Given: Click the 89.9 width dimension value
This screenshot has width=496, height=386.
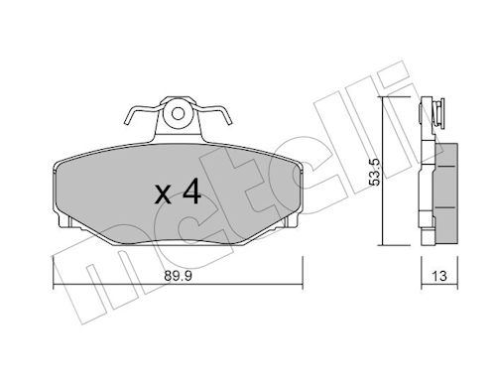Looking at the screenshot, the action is (x=178, y=276).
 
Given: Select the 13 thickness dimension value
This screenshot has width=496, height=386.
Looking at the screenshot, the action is (x=439, y=276).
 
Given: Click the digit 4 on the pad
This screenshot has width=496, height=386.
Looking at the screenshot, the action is (x=192, y=191).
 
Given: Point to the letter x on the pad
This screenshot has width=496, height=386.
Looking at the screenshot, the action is (x=163, y=194).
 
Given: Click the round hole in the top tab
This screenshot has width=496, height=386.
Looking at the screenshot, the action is (x=178, y=114).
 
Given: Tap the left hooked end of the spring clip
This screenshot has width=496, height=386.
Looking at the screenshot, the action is (x=127, y=118).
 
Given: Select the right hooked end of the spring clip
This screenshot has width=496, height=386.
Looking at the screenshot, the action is (x=229, y=118).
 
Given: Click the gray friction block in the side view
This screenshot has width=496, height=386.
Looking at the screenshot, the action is (x=446, y=194).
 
